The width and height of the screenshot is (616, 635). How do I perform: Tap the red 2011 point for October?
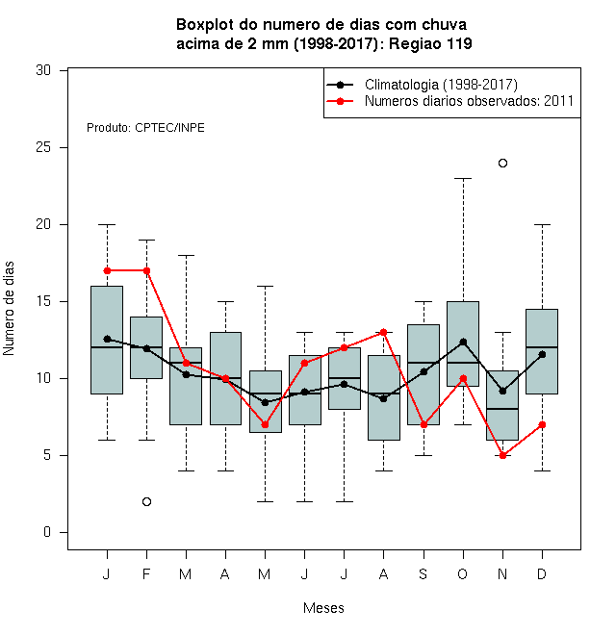click(x=463, y=379)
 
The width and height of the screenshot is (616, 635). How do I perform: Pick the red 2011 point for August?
click(x=383, y=333)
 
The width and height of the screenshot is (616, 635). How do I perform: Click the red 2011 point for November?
click(x=502, y=456)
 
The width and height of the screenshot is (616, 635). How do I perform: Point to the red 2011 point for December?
click(x=542, y=425)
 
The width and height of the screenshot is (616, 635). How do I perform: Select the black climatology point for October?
click(x=463, y=343)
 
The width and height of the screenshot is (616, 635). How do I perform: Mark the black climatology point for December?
click(x=542, y=355)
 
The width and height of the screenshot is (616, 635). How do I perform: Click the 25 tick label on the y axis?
click(x=43, y=147)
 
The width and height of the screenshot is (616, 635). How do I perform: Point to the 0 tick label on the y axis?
click(x=47, y=532)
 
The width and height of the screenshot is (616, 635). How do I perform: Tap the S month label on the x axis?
click(x=423, y=573)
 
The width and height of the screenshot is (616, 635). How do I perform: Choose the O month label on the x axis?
click(x=462, y=573)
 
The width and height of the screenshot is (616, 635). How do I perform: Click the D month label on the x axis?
click(x=542, y=573)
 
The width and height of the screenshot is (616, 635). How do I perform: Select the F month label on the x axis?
click(x=146, y=573)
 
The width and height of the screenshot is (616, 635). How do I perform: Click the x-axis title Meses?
click(x=323, y=608)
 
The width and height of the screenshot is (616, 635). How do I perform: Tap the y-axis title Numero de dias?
click(x=9, y=309)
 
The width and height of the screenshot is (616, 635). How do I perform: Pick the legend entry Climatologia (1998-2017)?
click(x=441, y=85)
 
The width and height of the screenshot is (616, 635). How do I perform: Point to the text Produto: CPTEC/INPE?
click(x=145, y=128)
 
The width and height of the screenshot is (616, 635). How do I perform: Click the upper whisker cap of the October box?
click(x=463, y=178)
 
